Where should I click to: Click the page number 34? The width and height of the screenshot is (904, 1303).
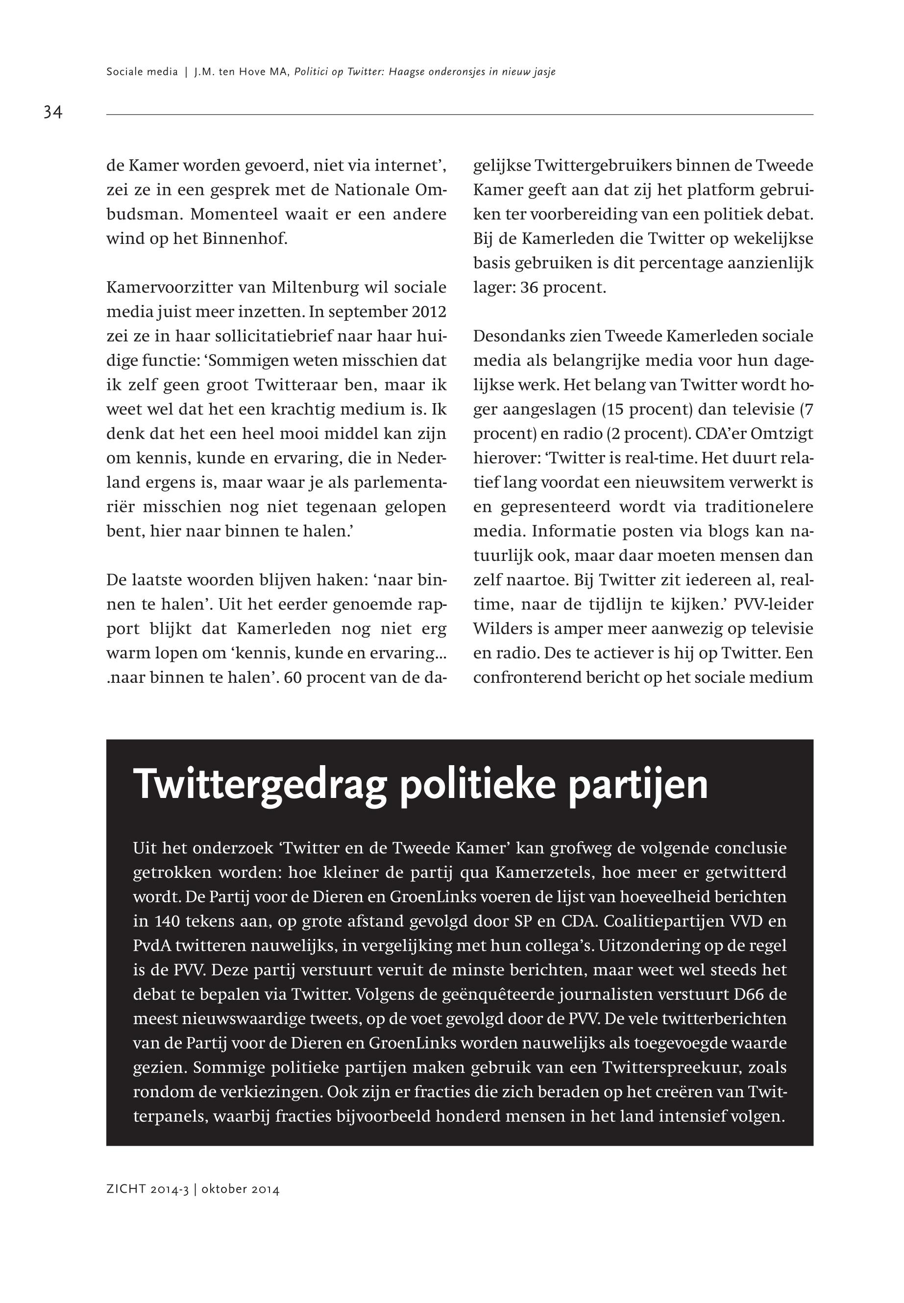click(x=53, y=112)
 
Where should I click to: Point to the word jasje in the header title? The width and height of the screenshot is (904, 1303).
click(x=544, y=72)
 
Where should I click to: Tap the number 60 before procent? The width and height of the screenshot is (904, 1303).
click(x=293, y=677)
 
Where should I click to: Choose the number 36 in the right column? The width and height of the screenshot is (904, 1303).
click(x=529, y=288)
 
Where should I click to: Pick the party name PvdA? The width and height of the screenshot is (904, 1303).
click(x=151, y=946)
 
